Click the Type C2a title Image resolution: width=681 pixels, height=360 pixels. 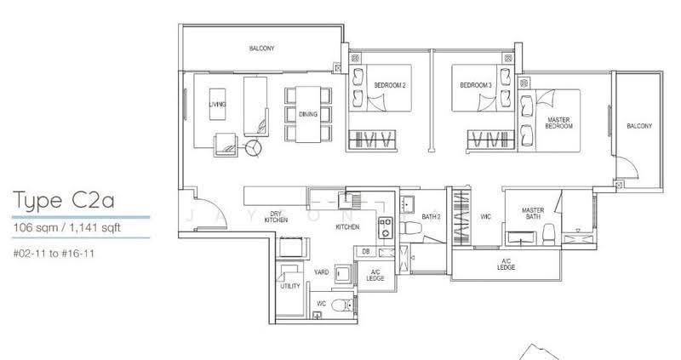[x=64, y=201]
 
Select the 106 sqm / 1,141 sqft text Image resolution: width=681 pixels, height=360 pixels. [x=67, y=227]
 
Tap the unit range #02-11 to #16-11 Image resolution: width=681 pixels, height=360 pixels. [x=54, y=253]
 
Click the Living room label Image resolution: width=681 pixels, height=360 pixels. [x=217, y=104]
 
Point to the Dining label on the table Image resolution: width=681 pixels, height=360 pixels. [x=308, y=114]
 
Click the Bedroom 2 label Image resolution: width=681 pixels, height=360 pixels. [x=390, y=85]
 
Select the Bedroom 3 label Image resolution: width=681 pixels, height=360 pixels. [x=476, y=85]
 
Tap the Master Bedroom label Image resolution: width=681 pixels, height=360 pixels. [x=558, y=123]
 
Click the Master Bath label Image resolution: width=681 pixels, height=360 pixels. [x=533, y=214]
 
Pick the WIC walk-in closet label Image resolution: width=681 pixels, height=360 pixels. [x=485, y=216]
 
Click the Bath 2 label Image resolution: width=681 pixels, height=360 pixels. [x=432, y=216]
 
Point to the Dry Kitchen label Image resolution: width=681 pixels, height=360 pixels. [x=276, y=217]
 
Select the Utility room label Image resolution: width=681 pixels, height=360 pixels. [x=290, y=286]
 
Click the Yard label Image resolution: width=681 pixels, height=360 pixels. [x=322, y=272]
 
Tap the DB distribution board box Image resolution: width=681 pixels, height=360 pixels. [x=366, y=251]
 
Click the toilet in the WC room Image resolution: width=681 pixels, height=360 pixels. [x=343, y=305]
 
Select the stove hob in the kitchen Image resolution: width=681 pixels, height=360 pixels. [x=386, y=227]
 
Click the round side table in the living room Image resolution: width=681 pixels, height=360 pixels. [x=253, y=148]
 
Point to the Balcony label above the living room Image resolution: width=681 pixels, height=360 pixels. [x=261, y=49]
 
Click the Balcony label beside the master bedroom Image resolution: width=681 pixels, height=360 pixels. [x=639, y=126]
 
